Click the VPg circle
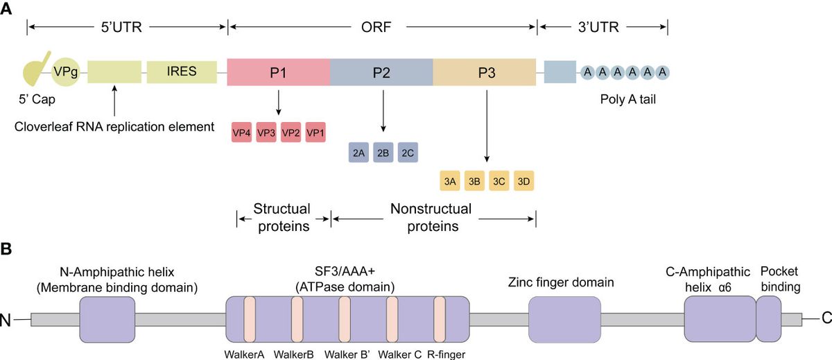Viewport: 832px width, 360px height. coord(66,71)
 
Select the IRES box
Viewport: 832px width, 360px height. coord(181,71)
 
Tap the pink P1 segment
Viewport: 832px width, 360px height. coord(278,72)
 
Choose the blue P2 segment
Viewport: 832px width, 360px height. coord(381,72)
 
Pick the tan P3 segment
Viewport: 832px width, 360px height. coord(485,72)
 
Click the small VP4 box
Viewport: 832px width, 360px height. coord(241,132)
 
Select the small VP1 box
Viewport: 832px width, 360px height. coord(315,132)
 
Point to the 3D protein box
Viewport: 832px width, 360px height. coord(524,182)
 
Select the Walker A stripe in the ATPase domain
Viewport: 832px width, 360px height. coord(250,319)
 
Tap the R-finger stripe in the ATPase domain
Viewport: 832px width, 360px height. coord(440,319)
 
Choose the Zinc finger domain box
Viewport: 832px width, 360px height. coord(565,319)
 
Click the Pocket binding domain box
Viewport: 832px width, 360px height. coord(768,318)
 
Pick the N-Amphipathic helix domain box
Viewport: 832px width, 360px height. coord(107,319)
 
